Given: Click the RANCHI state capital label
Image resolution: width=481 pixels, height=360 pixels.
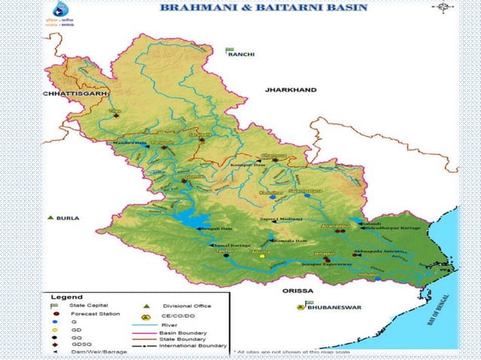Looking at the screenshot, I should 243,55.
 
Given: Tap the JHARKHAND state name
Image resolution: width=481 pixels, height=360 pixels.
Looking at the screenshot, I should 290,89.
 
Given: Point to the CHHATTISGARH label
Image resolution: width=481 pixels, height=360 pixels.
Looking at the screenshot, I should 75,93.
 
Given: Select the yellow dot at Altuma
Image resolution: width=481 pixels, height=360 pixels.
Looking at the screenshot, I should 262,256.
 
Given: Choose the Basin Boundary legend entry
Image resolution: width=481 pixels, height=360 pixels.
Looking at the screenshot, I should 179,331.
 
